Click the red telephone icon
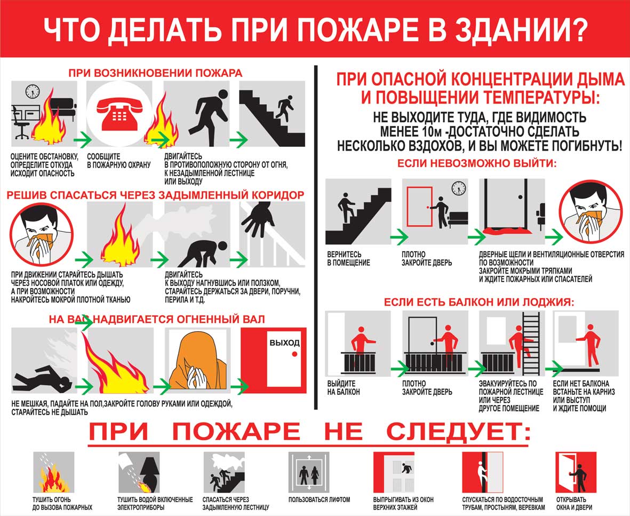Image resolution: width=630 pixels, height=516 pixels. click(x=119, y=113)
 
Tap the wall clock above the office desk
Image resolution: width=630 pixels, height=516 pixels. click(x=32, y=91)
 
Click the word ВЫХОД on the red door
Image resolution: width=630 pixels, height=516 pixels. click(x=284, y=342)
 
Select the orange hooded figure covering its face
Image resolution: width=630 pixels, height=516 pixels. click(x=198, y=362)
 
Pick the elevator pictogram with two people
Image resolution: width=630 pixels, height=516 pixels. click(x=308, y=472)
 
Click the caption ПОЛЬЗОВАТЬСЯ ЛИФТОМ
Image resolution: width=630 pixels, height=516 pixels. click(x=319, y=499)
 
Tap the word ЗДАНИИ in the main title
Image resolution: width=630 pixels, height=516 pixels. click(x=519, y=30)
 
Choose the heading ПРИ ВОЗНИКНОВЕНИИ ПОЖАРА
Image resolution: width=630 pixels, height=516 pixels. click(x=155, y=73)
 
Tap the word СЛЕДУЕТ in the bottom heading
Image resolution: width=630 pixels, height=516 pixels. click(x=458, y=432)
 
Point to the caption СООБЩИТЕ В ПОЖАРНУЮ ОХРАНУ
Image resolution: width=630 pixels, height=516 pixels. click(x=119, y=161)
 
